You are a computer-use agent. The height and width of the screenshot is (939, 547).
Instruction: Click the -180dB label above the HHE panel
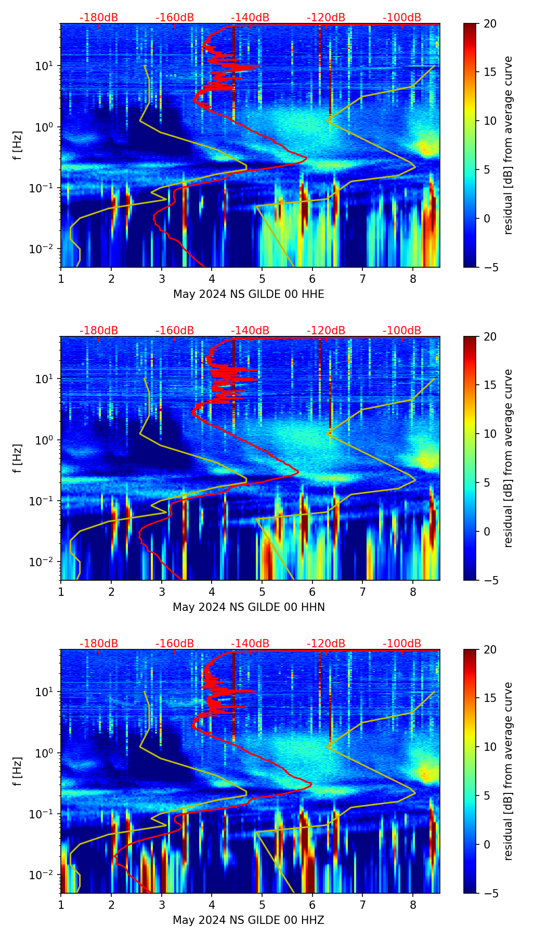click(x=99, y=18)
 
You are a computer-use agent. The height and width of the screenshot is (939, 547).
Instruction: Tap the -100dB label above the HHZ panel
click(x=402, y=644)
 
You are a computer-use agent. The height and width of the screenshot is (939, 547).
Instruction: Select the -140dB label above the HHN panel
click(x=250, y=331)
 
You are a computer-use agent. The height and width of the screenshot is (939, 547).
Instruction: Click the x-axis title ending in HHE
click(x=249, y=294)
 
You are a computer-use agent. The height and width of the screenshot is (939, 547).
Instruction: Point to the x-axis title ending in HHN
click(x=249, y=607)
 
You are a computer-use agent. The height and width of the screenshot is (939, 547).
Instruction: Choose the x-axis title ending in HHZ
click(x=249, y=920)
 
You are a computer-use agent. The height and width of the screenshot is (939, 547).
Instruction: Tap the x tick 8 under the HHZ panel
click(x=413, y=905)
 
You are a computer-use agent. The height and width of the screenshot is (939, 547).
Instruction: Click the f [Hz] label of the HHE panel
click(x=18, y=145)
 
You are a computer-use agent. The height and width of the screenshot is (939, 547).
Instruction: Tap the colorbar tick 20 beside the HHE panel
click(x=490, y=24)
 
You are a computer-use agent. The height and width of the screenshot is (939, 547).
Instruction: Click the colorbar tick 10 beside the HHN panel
click(x=490, y=434)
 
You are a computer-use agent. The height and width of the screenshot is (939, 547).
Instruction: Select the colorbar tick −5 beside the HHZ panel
click(x=490, y=893)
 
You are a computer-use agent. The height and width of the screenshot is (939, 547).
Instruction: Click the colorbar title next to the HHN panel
click(x=508, y=458)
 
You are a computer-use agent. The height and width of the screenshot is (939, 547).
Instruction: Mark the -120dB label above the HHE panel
click(x=326, y=18)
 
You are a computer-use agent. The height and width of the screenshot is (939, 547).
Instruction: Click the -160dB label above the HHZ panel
click(x=175, y=644)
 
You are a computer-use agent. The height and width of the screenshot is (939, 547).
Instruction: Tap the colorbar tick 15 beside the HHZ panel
click(x=490, y=698)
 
